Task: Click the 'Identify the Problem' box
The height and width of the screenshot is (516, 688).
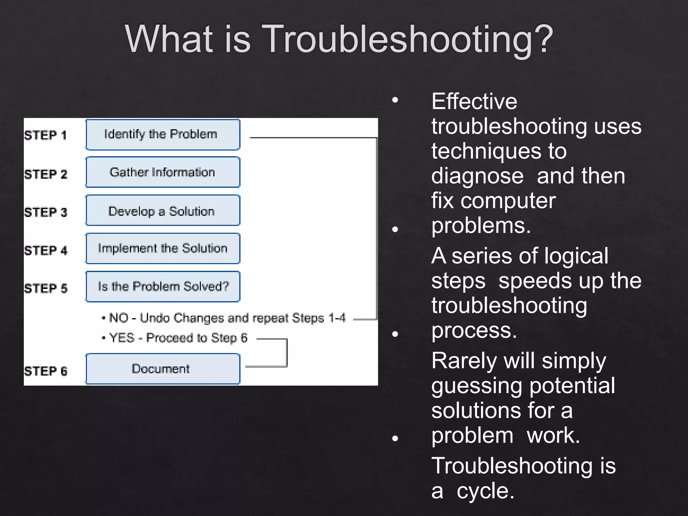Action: (x=163, y=134)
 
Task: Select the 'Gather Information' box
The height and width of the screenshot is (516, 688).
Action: (x=163, y=172)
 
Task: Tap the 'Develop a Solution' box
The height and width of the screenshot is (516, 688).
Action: (x=163, y=211)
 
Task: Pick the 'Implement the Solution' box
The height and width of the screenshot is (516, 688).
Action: (x=163, y=249)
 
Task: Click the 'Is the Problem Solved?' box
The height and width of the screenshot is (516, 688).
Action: (x=163, y=287)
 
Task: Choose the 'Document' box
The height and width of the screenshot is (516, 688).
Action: (x=163, y=369)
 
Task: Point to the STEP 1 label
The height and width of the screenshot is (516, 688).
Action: (x=45, y=135)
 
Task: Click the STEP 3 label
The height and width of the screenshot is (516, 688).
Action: (x=46, y=212)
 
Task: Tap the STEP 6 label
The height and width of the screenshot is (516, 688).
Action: (x=46, y=371)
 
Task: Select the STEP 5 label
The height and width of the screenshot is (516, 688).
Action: (x=46, y=289)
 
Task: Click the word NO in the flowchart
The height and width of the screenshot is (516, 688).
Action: (x=119, y=318)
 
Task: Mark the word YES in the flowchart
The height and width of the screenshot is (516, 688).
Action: (x=122, y=338)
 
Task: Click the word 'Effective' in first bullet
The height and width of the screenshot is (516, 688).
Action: (x=474, y=101)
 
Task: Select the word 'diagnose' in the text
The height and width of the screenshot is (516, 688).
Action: (x=477, y=176)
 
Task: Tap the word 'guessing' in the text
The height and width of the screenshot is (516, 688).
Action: (x=476, y=386)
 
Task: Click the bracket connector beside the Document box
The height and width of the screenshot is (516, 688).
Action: (x=286, y=353)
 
